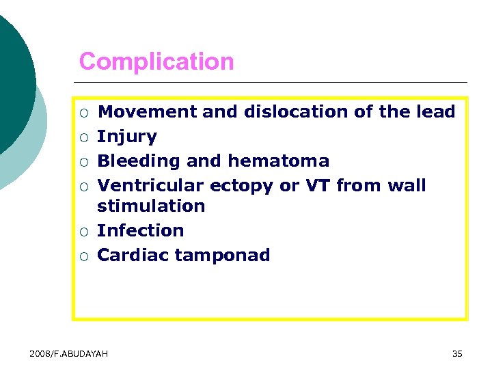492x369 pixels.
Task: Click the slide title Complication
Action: click(x=156, y=62)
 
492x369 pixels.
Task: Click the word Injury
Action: click(x=127, y=137)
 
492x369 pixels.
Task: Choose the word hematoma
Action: click(x=278, y=161)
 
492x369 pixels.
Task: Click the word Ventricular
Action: click(x=150, y=186)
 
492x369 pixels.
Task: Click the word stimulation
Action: click(x=151, y=206)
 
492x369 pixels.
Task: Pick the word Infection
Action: click(x=141, y=231)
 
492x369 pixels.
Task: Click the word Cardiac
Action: click(x=133, y=256)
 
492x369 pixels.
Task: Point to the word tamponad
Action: click(x=223, y=256)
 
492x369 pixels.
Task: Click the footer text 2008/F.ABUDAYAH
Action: click(x=69, y=353)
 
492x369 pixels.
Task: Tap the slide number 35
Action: click(x=457, y=353)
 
